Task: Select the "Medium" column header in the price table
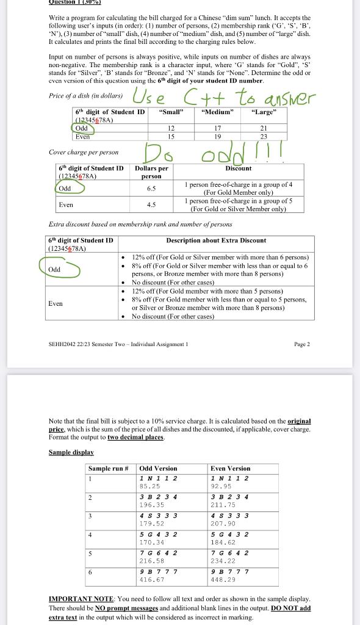click(x=217, y=112)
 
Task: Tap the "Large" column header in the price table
click(x=264, y=112)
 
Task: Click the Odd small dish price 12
click(x=171, y=128)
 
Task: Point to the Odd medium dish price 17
click(x=217, y=128)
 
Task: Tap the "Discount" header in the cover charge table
click(x=238, y=168)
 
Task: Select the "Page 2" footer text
click(x=301, y=344)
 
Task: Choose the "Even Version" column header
click(x=230, y=468)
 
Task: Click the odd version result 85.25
click(x=149, y=486)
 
